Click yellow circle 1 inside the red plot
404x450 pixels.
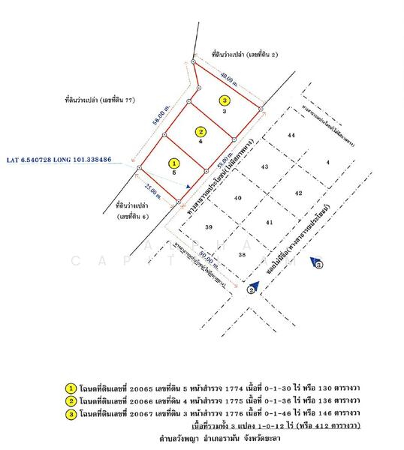174,162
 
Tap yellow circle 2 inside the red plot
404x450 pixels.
201,131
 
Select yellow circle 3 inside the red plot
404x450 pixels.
224,100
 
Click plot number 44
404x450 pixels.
291,135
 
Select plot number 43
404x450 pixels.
264,166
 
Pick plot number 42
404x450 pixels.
298,193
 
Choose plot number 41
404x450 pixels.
270,223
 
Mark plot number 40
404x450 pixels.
237,198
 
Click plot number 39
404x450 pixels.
209,227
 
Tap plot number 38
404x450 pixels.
241,255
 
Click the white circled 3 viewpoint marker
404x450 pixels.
318,265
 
